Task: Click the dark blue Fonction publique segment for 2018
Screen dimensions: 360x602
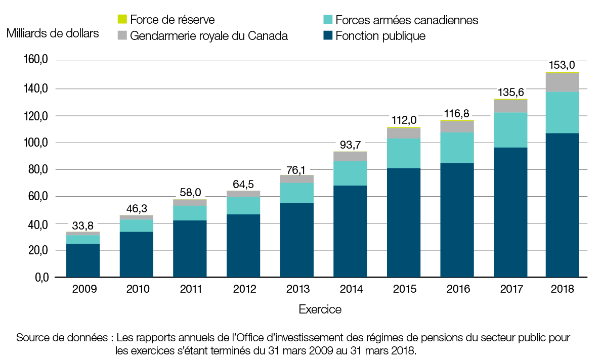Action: coord(562,205)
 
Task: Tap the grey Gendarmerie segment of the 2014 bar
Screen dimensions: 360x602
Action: coord(350,156)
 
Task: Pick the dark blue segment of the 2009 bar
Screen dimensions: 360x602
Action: coord(83,260)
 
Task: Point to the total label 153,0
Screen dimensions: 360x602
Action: coord(562,65)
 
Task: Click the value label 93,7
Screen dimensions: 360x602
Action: coord(350,144)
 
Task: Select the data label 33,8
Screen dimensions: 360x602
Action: coord(83,225)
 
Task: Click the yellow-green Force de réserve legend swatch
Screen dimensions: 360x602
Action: coord(121,20)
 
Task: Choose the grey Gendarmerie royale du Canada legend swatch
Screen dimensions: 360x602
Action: coord(121,36)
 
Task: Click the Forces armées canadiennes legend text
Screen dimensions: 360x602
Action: coord(407,20)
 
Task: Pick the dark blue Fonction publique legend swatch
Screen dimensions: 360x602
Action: coord(328,36)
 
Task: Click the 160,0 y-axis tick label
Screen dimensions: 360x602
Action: coord(35,61)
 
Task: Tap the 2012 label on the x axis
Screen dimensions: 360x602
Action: coord(243,289)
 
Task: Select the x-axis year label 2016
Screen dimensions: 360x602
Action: coord(457,289)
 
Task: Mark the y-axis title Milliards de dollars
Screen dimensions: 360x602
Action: coord(53,34)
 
